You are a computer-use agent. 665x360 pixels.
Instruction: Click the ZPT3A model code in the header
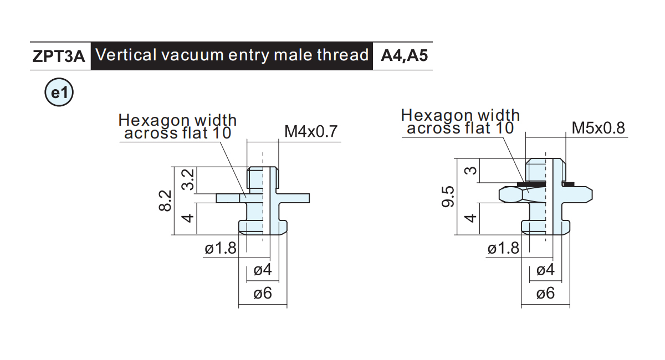point(59,56)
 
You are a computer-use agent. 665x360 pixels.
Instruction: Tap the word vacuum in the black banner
point(188,55)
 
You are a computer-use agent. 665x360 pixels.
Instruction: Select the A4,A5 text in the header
point(404,56)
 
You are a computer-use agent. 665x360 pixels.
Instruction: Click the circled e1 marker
point(59,92)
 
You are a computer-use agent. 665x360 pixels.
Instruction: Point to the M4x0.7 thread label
point(311,131)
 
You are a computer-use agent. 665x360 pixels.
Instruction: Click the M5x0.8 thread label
point(598,128)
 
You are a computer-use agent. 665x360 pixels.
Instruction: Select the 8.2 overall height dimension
point(165,201)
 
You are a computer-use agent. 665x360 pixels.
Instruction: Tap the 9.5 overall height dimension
point(448,197)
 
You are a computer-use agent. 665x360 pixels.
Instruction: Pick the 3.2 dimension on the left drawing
point(188,179)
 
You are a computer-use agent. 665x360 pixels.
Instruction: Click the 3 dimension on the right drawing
point(470,171)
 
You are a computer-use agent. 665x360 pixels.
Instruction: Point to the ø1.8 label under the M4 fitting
point(221,248)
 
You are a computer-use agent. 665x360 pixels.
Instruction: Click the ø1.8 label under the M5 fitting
point(504,248)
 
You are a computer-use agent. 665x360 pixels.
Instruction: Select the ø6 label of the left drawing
point(263,293)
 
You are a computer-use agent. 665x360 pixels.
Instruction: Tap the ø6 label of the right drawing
point(546,293)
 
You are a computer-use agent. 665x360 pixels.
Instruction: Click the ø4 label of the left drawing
point(263,270)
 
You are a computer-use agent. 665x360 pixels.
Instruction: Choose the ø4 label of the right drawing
point(546,270)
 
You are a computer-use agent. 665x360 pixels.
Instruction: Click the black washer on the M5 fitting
point(531,184)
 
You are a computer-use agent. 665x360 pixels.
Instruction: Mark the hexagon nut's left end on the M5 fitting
point(499,195)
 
